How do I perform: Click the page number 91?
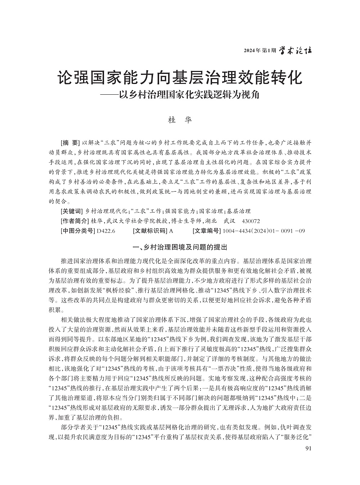click(308, 448)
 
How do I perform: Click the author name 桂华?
click(180, 120)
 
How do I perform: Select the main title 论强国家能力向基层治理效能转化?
click(180, 78)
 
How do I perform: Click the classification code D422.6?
click(106, 231)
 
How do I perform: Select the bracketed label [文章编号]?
click(207, 231)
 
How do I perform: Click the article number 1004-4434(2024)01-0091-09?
click(264, 231)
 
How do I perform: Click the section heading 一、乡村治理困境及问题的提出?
click(180, 247)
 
